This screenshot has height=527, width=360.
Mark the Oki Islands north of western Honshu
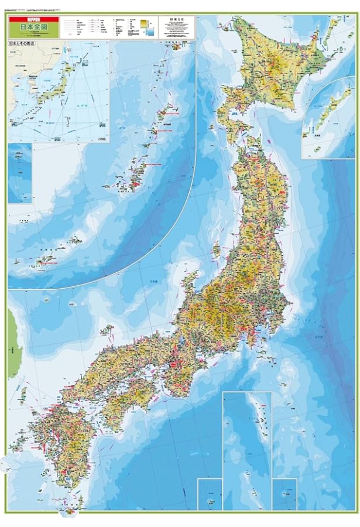coord(107,331)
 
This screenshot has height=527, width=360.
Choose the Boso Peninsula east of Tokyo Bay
coord(271,342)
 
